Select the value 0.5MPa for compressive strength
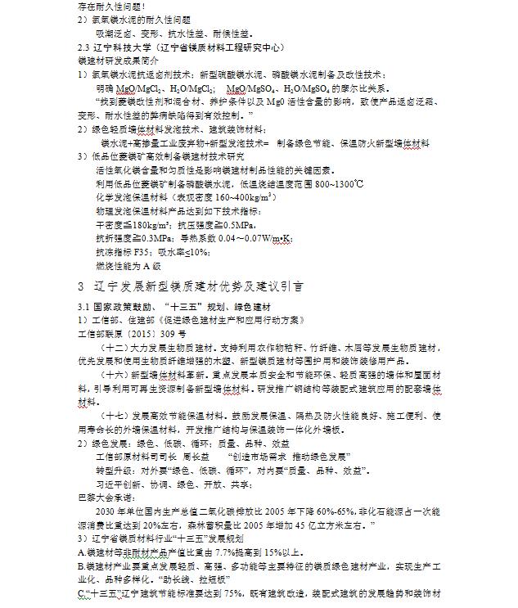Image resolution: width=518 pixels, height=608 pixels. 236,225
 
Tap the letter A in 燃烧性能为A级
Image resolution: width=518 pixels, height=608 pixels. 146,265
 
